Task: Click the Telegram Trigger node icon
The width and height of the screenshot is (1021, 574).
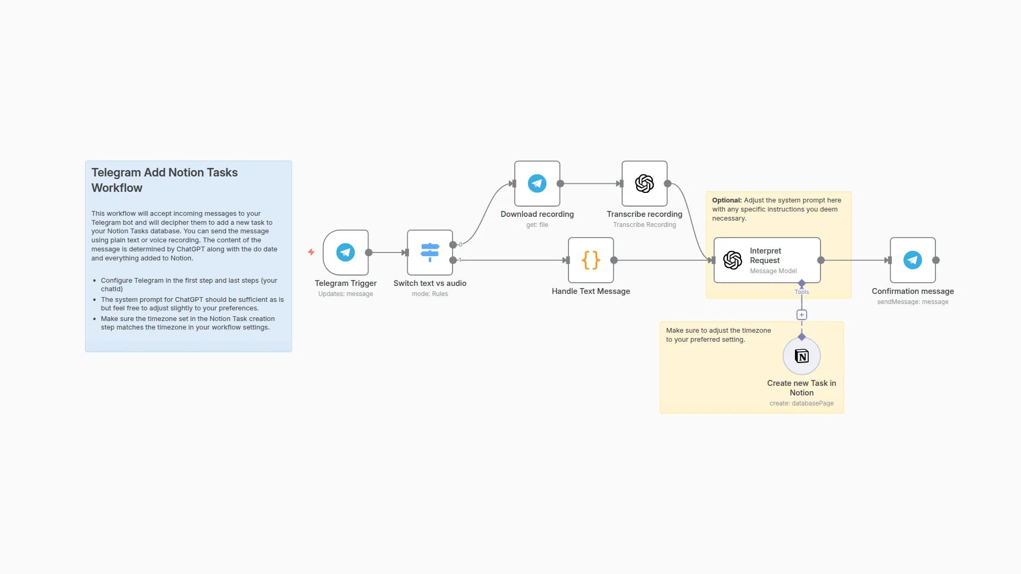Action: coord(346,252)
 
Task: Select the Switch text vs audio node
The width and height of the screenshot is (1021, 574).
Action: coord(430,252)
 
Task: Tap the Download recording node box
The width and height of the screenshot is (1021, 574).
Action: coord(537,183)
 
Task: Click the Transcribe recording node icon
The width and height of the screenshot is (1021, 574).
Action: coord(645,183)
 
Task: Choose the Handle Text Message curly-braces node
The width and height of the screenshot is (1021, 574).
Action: coord(591,260)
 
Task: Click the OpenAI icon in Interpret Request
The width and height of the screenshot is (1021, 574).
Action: coord(732,260)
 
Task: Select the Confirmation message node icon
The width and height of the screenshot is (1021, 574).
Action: coord(913,260)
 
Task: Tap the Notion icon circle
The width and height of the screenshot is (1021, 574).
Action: coord(801,356)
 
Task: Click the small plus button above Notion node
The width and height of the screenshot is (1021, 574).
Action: coord(801,315)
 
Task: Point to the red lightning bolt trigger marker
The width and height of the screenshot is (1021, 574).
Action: coord(311,252)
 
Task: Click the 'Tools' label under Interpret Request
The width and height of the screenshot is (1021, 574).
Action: coord(801,292)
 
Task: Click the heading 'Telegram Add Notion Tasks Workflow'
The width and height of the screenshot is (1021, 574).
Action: coord(164,180)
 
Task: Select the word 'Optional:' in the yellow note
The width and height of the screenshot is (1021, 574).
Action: coord(726,200)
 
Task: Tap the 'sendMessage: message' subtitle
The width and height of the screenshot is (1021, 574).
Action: coord(913,302)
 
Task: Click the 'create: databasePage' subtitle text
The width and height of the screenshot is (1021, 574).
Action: coord(801,403)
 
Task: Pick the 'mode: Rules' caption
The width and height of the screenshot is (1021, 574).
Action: coord(430,294)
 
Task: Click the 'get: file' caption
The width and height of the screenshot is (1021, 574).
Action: coord(537,225)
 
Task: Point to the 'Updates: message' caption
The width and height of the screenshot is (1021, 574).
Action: coord(346,294)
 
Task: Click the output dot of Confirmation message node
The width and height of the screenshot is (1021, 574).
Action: coord(936,260)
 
